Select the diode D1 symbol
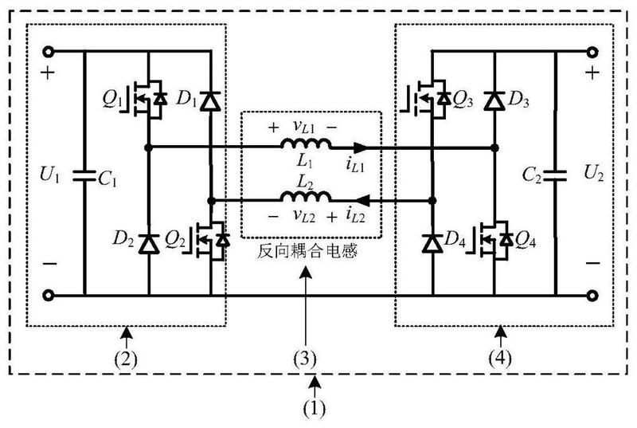210,101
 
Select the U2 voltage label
591,173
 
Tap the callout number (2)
127,357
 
